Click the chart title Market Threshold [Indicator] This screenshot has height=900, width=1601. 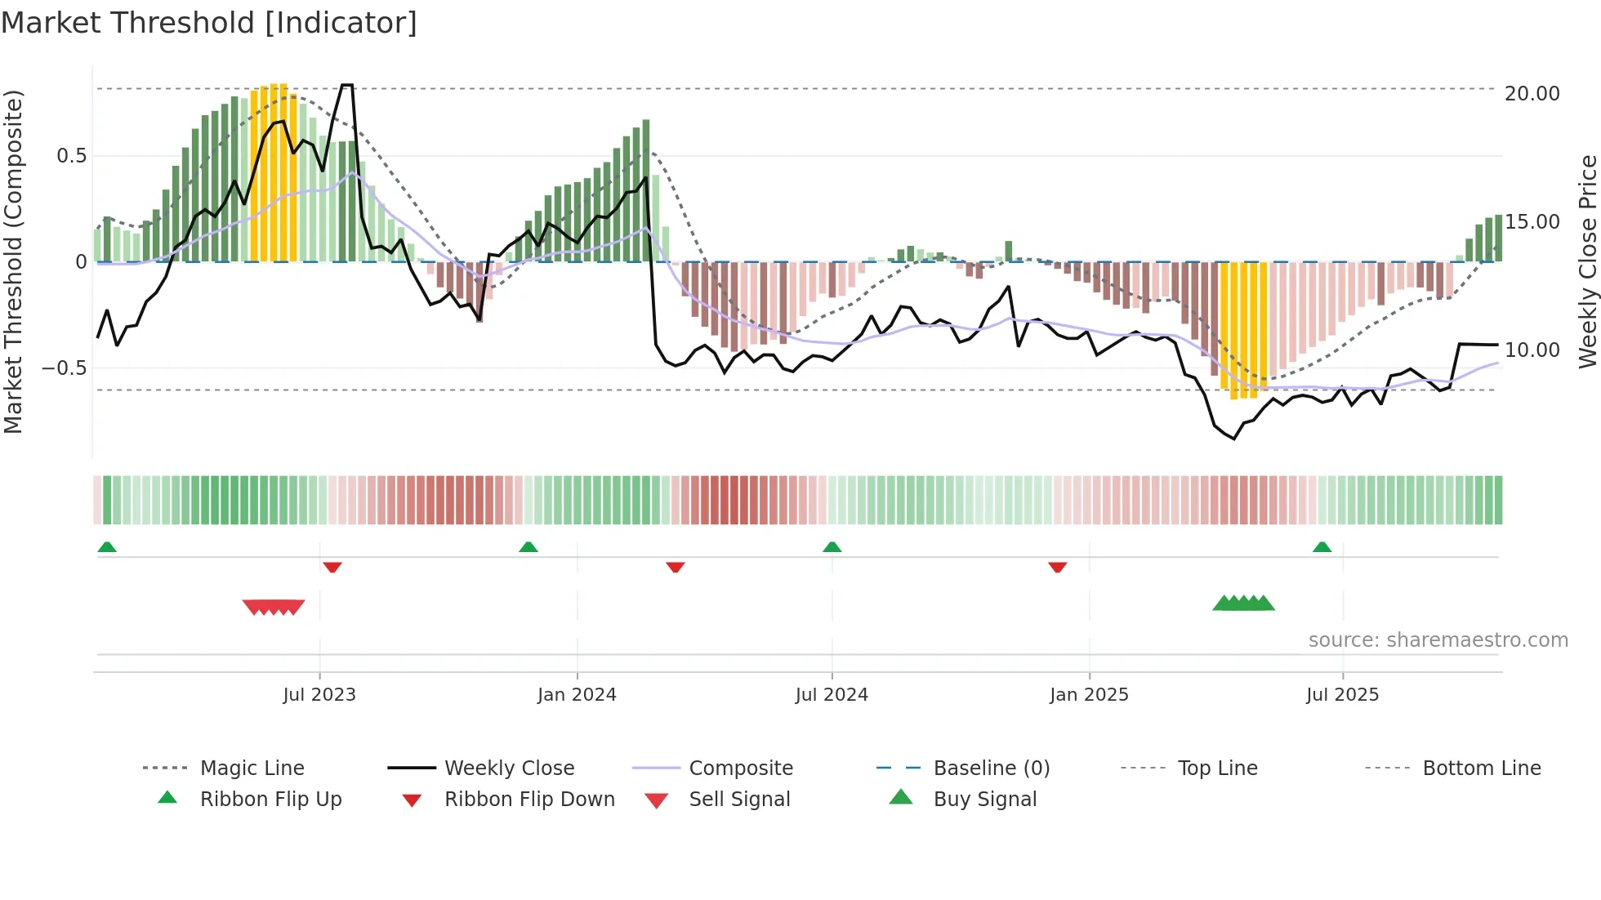pyautogui.click(x=209, y=23)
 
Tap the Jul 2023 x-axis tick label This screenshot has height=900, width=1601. pyautogui.click(x=319, y=695)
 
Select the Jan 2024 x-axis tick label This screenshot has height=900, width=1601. pyautogui.click(x=577, y=695)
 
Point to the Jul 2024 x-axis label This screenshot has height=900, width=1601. pyautogui.click(x=832, y=695)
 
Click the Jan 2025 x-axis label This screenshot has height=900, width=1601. pyautogui.click(x=1089, y=695)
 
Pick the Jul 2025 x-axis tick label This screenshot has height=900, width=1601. pyautogui.click(x=1342, y=695)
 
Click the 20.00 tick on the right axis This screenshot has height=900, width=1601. pyautogui.click(x=1532, y=94)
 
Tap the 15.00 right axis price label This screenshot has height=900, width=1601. pyautogui.click(x=1532, y=222)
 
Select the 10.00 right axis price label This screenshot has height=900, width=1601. pyautogui.click(x=1532, y=350)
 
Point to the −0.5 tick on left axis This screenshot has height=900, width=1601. pyautogui.click(x=64, y=368)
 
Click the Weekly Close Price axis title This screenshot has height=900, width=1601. pyautogui.click(x=1587, y=261)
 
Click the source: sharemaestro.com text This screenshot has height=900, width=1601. pyautogui.click(x=1438, y=640)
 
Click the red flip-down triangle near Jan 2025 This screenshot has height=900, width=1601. pyautogui.click(x=1058, y=567)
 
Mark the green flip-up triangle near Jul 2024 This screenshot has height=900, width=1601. pyautogui.click(x=832, y=547)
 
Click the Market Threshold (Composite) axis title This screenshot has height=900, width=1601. pyautogui.click(x=14, y=261)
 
